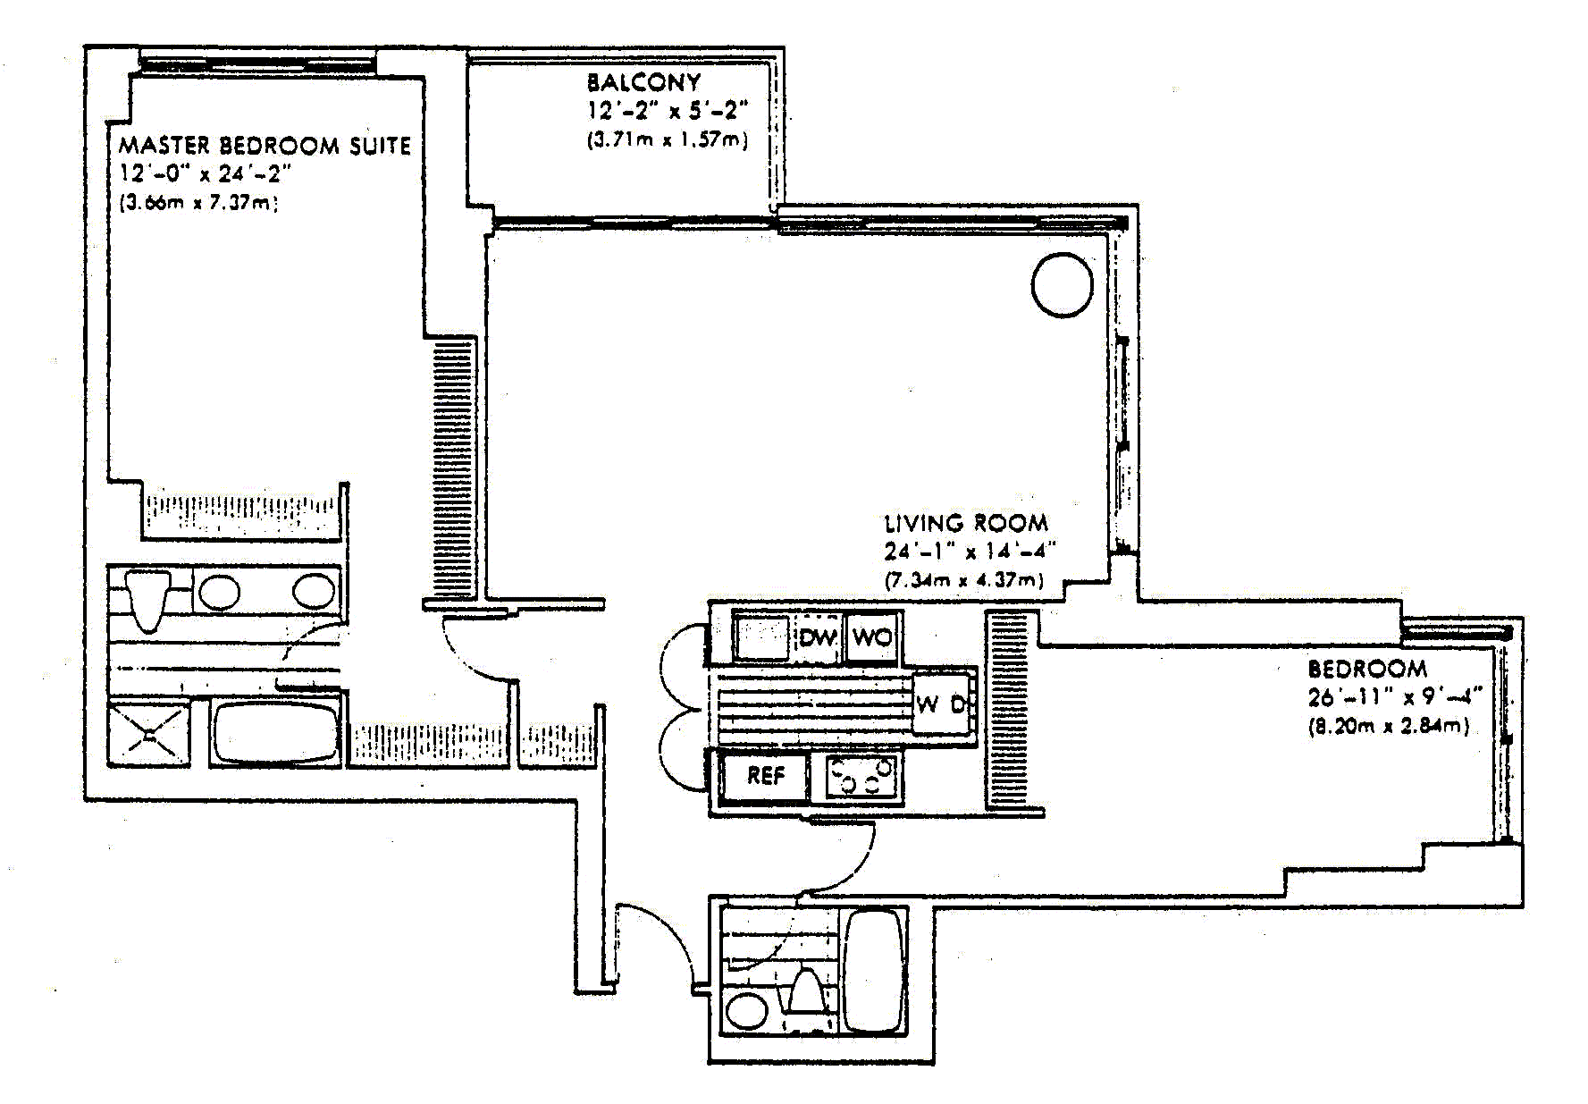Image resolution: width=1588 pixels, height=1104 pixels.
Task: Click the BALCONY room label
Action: tap(643, 82)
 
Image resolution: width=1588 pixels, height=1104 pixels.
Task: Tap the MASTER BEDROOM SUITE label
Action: tap(265, 145)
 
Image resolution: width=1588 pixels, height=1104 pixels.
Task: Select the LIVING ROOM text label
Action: tap(966, 523)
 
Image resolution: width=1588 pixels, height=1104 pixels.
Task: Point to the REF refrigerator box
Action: tap(765, 776)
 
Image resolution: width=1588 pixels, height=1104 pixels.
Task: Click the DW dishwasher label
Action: tap(817, 637)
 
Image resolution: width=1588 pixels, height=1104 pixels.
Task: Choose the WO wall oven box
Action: tap(872, 637)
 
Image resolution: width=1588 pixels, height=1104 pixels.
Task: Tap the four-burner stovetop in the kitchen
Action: tap(861, 776)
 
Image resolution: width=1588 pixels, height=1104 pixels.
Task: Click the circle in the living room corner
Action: tap(1063, 285)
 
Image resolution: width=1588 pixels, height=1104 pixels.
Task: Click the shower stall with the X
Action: tap(148, 735)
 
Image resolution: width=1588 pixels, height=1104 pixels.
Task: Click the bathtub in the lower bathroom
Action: tap(874, 971)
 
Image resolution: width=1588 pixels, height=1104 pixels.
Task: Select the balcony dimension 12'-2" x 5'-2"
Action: tap(667, 111)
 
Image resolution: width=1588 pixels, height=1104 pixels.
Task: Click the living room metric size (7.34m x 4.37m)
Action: tap(963, 580)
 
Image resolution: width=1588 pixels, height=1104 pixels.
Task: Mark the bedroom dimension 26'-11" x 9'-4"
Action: tap(1395, 696)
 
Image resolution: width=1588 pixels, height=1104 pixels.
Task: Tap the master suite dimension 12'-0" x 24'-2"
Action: tap(206, 173)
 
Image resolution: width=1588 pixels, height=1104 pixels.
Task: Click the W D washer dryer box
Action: tap(944, 703)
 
